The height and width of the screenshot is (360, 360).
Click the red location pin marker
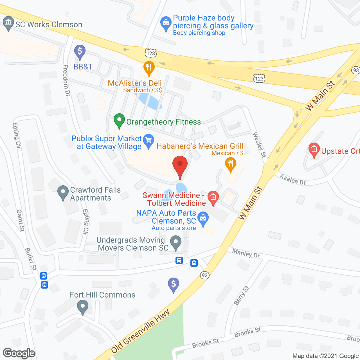(x=180, y=165)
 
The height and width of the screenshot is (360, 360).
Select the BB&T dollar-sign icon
(x=80, y=52)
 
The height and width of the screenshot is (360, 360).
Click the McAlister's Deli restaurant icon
(x=149, y=68)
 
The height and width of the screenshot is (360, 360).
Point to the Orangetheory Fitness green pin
(x=119, y=120)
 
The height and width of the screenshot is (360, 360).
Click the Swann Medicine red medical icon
(x=213, y=197)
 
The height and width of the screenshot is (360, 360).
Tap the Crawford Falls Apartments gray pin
(x=63, y=193)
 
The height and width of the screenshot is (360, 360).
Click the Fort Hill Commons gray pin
(x=82, y=307)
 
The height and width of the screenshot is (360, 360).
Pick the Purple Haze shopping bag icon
(x=166, y=23)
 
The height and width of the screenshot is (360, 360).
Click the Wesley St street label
(x=260, y=145)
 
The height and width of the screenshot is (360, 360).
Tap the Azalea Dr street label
(x=293, y=179)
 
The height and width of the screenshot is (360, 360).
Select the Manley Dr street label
(x=246, y=253)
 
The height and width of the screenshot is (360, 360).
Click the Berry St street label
(x=242, y=295)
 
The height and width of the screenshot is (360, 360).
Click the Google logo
(x=19, y=353)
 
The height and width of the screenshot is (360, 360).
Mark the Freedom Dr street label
(x=66, y=80)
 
